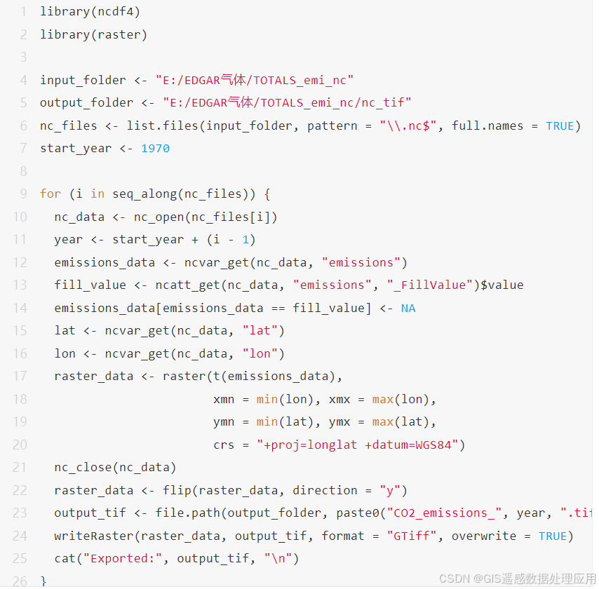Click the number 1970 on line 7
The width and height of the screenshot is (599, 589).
pyautogui.click(x=155, y=149)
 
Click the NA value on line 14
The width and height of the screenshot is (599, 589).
pyautogui.click(x=408, y=309)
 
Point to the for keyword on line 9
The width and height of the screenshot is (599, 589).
pyautogui.click(x=51, y=194)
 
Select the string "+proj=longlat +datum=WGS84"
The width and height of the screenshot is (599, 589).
pyautogui.click(x=361, y=445)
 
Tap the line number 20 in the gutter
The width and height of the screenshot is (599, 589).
pyautogui.click(x=20, y=445)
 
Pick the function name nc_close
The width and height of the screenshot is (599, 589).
pyautogui.click(x=83, y=468)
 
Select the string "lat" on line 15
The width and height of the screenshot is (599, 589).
pyautogui.click(x=260, y=331)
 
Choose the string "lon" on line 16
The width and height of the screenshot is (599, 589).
pyautogui.click(x=260, y=354)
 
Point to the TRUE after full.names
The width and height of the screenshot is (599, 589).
pyautogui.click(x=560, y=126)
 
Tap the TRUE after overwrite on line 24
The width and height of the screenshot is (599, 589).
pyautogui.click(x=552, y=536)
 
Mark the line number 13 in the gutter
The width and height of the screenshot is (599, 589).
pyautogui.click(x=20, y=285)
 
